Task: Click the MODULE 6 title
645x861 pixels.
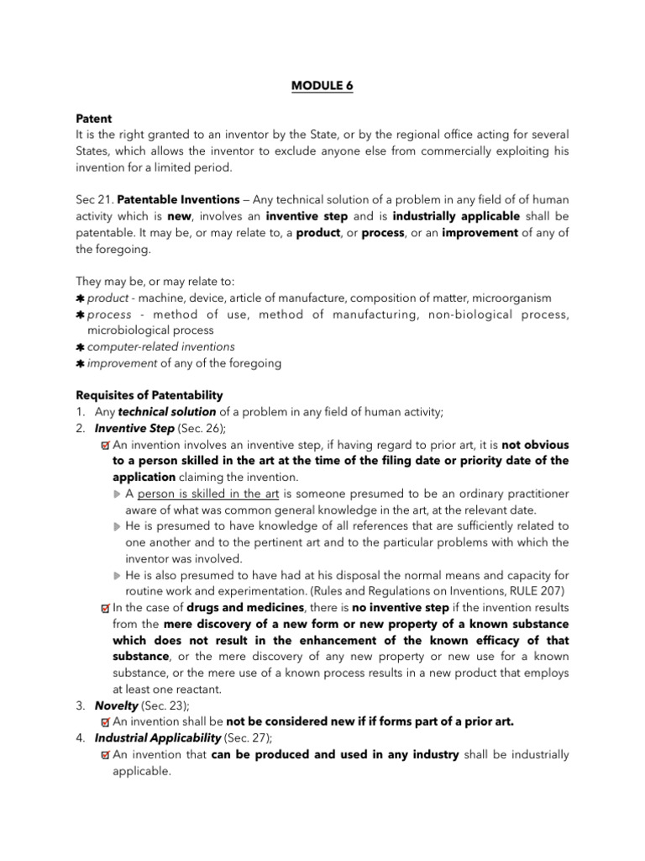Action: [x=322, y=87]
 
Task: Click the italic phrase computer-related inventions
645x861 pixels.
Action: [x=161, y=346]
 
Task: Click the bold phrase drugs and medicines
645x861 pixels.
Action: [x=233, y=608]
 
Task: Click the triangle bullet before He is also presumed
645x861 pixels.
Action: [x=117, y=576]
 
